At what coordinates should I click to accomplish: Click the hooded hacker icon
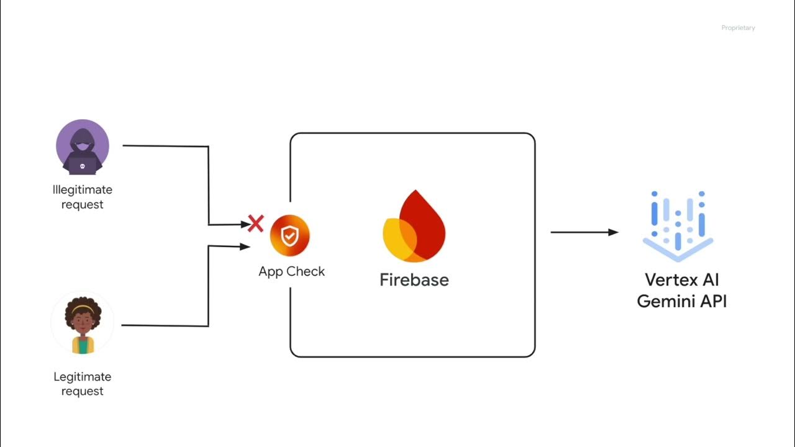(83, 147)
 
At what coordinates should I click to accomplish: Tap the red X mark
(255, 223)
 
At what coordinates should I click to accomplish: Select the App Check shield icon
(289, 236)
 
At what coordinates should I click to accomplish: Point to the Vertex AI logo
(678, 225)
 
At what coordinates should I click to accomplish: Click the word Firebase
(414, 280)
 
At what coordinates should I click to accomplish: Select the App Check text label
(291, 271)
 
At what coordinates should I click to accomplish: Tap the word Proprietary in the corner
(738, 28)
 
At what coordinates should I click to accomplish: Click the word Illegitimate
(83, 190)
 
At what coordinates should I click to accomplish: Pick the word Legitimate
(83, 377)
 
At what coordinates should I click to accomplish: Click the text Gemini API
(682, 302)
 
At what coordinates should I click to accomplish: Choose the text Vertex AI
(682, 279)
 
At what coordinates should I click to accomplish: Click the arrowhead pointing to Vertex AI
(613, 232)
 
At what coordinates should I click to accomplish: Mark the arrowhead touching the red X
(245, 225)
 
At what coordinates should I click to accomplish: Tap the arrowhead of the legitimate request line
(245, 246)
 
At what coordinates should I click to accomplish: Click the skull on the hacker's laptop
(83, 167)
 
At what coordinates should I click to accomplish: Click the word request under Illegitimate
(83, 205)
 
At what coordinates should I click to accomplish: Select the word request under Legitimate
(83, 392)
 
